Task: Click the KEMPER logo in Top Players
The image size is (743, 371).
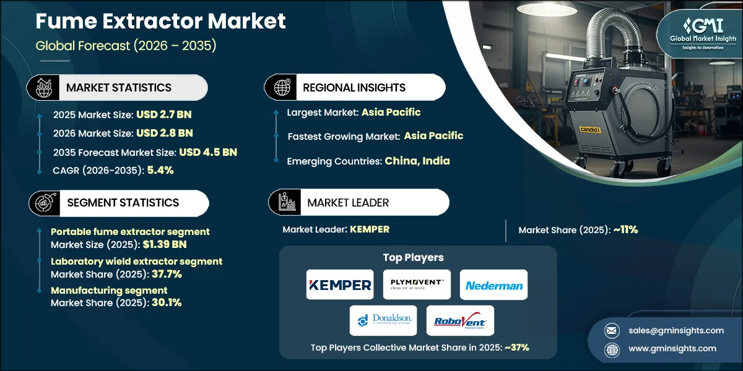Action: click(340, 284)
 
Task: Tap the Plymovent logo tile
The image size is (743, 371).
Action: click(417, 284)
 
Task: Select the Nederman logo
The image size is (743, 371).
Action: click(493, 284)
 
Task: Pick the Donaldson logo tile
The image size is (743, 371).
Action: click(383, 320)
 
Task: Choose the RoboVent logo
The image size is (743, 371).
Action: click(460, 320)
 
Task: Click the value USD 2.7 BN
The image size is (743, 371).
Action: click(164, 114)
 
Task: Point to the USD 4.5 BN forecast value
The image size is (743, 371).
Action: click(208, 152)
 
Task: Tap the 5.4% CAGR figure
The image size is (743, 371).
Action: click(160, 170)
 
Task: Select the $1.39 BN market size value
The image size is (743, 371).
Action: click(165, 244)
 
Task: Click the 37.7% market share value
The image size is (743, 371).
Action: click(167, 275)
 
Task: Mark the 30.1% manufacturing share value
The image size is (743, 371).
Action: click(167, 303)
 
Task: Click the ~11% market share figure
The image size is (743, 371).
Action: click(625, 230)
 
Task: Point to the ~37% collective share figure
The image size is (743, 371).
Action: click(517, 348)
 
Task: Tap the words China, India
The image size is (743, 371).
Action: click(417, 161)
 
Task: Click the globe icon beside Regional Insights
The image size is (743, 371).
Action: click(282, 87)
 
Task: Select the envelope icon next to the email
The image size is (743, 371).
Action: click(612, 331)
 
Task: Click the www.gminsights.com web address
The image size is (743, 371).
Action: click(672, 349)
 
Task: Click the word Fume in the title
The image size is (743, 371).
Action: click(66, 21)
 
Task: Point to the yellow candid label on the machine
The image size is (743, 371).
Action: click(589, 129)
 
